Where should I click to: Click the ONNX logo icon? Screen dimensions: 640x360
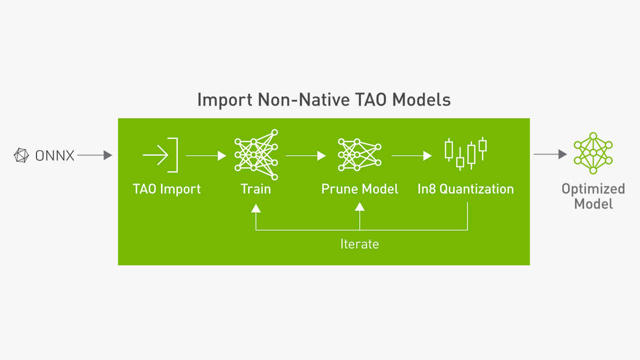pyautogui.click(x=21, y=155)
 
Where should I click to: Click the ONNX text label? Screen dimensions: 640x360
pyautogui.click(x=55, y=155)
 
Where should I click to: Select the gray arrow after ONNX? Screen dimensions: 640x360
pyautogui.click(x=95, y=155)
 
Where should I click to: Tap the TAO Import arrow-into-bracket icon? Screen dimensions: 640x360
pyautogui.click(x=160, y=155)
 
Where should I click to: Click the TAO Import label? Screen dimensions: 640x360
pyautogui.click(x=167, y=189)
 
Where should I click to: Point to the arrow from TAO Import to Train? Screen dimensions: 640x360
pyautogui.click(x=206, y=155)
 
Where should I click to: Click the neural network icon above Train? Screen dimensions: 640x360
pyautogui.click(x=256, y=154)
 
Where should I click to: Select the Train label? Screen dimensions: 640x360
pyautogui.click(x=256, y=189)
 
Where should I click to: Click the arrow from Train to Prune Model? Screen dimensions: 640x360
pyautogui.click(x=305, y=155)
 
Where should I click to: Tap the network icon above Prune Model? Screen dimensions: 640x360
pyautogui.click(x=359, y=154)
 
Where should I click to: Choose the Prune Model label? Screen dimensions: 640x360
pyautogui.click(x=359, y=189)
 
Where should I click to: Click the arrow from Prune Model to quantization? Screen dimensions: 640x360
pyautogui.click(x=411, y=155)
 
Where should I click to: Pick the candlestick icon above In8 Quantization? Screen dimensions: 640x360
pyautogui.click(x=465, y=153)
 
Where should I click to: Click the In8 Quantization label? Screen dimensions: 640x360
pyautogui.click(x=465, y=189)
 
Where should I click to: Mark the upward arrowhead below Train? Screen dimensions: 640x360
pyautogui.click(x=256, y=208)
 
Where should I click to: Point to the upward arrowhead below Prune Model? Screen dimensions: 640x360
pyautogui.click(x=359, y=206)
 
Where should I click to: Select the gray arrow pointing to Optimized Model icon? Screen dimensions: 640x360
pyautogui.click(x=550, y=154)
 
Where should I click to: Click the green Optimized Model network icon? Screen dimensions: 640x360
pyautogui.click(x=593, y=153)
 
